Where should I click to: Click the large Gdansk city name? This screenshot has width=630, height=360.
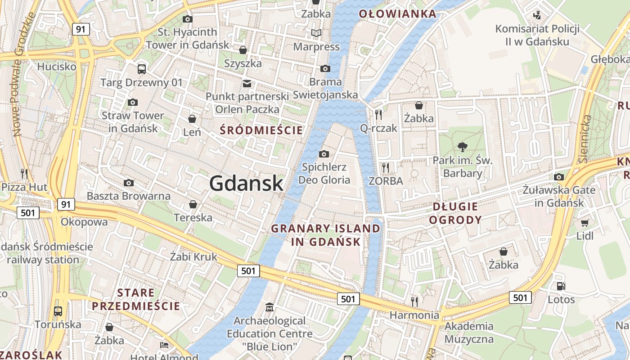[x=246, y=184]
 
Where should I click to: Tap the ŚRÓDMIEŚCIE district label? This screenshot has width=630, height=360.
[x=261, y=130]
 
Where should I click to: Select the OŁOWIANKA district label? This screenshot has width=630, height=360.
[x=397, y=14]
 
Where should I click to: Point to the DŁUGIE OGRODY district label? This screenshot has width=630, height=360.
[x=455, y=213]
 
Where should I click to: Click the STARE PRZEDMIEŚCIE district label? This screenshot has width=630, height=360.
[x=136, y=300]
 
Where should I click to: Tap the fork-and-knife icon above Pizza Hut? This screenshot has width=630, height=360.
[x=24, y=173]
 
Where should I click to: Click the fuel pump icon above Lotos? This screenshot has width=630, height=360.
[x=561, y=286]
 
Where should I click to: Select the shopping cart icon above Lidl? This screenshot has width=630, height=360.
[x=585, y=223]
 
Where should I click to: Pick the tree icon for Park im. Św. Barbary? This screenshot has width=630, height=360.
[x=462, y=146]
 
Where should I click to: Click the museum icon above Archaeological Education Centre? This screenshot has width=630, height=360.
[x=269, y=307]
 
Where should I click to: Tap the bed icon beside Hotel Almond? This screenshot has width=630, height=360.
[x=164, y=346]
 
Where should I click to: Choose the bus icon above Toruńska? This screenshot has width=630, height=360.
[x=58, y=311]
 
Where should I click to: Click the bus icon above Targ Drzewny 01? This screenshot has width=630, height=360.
[x=141, y=69]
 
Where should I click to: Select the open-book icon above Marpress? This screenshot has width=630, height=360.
[x=316, y=33]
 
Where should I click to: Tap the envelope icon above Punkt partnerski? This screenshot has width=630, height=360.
[x=247, y=83]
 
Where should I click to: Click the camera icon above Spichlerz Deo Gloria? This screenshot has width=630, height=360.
[x=324, y=154]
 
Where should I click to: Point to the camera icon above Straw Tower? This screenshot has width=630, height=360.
[x=132, y=102]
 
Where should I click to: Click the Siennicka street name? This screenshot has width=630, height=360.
[x=585, y=139]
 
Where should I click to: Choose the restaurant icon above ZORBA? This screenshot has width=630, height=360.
[x=385, y=168]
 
